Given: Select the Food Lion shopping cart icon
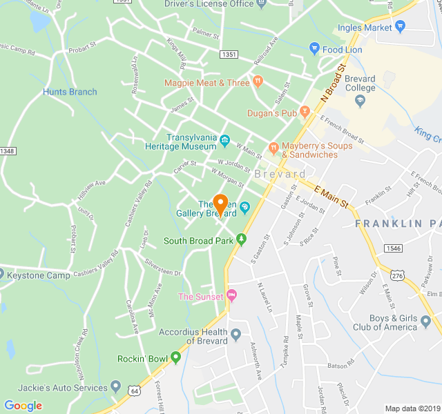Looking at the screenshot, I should tap(314, 50).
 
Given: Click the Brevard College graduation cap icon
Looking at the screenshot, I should tap(359, 101).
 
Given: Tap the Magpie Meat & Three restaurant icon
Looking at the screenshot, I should tap(258, 81).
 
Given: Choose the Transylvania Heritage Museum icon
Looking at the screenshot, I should tap(225, 141).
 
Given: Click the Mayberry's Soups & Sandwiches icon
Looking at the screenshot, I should tap(273, 147).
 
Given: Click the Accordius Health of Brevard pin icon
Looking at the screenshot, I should tap(236, 336).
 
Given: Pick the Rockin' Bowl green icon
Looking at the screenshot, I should tap(176, 357).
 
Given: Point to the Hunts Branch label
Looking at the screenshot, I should tap(70, 92).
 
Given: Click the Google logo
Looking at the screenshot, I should tap(23, 406).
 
